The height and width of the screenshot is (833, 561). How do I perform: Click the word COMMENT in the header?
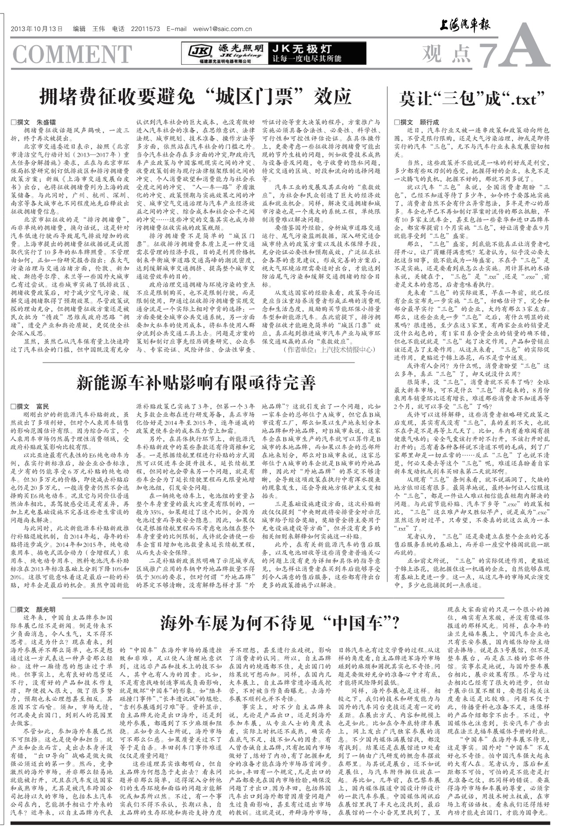click(72, 54)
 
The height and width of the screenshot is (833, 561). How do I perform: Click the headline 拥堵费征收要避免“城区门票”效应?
click(195, 96)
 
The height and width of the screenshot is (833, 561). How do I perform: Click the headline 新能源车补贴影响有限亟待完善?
click(195, 383)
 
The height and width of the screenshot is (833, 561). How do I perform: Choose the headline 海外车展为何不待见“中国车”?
click(280, 622)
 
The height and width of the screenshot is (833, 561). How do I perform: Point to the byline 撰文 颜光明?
click(34, 609)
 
